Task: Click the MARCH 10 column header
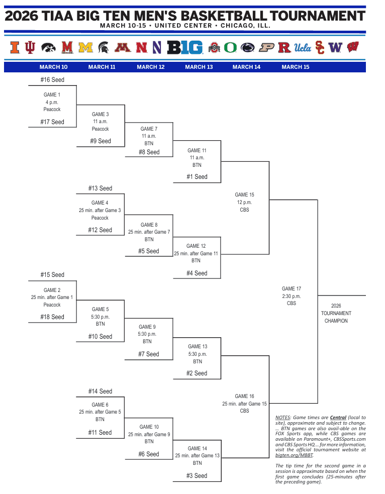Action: pyautogui.click(x=53, y=67)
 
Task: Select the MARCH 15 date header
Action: pyautogui.click(x=296, y=67)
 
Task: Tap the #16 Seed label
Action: pyautogui.click(x=52, y=79)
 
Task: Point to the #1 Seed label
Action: pyautogui.click(x=197, y=176)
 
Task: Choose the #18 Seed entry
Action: pyautogui.click(x=52, y=317)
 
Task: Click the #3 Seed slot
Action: pyautogui.click(x=197, y=475)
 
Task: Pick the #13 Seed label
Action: pyautogui.click(x=100, y=188)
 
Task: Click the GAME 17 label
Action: pyautogui.click(x=292, y=288)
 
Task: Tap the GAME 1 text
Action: pyautogui.click(x=52, y=94)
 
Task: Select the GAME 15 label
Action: pyautogui.click(x=244, y=194)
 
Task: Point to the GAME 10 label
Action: pyautogui.click(x=149, y=427)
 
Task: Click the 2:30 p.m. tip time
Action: pyautogui.click(x=292, y=296)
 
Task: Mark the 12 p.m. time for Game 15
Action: pyautogui.click(x=244, y=202)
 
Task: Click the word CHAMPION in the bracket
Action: pyautogui.click(x=336, y=321)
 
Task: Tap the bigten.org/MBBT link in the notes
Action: pyautogui.click(x=294, y=455)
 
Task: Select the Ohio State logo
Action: pyautogui.click(x=215, y=48)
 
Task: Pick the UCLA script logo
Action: pyautogui.click(x=303, y=48)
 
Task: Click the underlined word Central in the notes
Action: pyautogui.click(x=338, y=418)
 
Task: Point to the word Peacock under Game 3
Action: pyautogui.click(x=100, y=129)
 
